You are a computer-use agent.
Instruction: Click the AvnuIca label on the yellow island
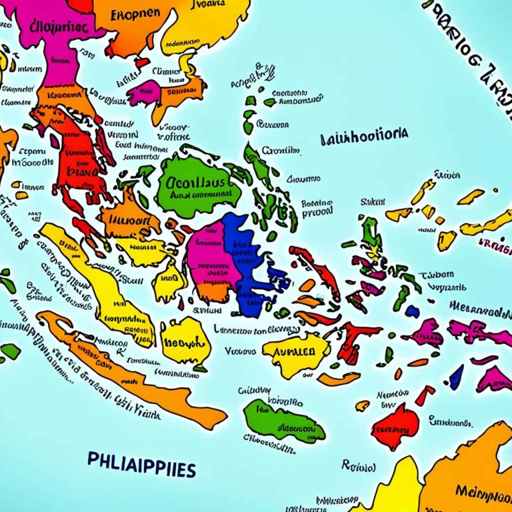pyautogui.click(x=294, y=351)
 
